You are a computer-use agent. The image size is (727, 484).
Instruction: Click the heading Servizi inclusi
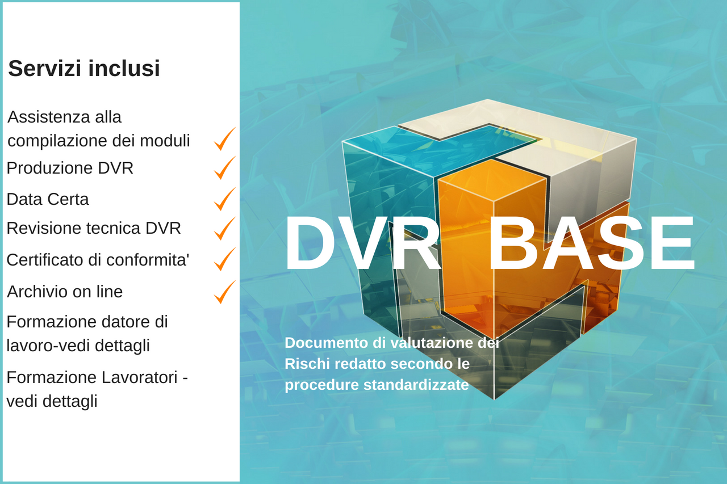84,69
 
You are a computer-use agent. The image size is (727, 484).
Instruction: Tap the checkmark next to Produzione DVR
224,168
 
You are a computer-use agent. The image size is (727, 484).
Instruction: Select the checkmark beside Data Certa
224,199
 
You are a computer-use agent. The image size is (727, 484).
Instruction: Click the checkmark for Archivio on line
224,292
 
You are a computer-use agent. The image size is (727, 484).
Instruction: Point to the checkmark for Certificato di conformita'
224,259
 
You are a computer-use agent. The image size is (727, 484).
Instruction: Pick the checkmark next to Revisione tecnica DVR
224,228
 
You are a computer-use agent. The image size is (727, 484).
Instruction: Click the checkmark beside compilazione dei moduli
224,139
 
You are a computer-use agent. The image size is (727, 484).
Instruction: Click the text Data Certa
48,199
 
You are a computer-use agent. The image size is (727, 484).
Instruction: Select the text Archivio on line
65,292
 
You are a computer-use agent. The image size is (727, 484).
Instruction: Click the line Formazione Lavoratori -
97,377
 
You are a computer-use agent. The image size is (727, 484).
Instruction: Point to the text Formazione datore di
87,322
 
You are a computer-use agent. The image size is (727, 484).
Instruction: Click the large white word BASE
591,244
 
